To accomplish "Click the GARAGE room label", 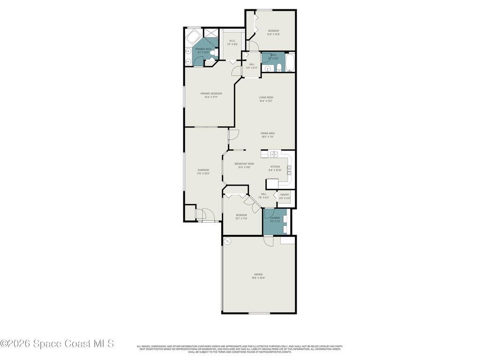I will coord(258,274).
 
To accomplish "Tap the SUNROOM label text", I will coord(203,170).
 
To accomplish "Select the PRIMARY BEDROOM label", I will coord(211,93).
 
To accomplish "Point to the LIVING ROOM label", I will coord(266,97).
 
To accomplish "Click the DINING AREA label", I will coord(268,133).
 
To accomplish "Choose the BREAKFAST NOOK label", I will coord(244,164).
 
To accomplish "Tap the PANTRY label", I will coord(285,195).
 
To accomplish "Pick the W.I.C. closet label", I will coord(232,40).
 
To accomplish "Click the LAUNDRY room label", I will coord(275,217).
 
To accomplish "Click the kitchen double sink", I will coord(274,154).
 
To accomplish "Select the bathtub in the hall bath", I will coord(290,63).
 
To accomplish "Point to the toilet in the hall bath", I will coord(278,67).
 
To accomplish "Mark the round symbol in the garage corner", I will coord(228,241).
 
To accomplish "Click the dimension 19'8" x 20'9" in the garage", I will coord(258,278).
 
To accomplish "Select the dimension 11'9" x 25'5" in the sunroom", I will coord(203,173).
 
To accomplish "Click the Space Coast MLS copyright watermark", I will coord(57,344).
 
